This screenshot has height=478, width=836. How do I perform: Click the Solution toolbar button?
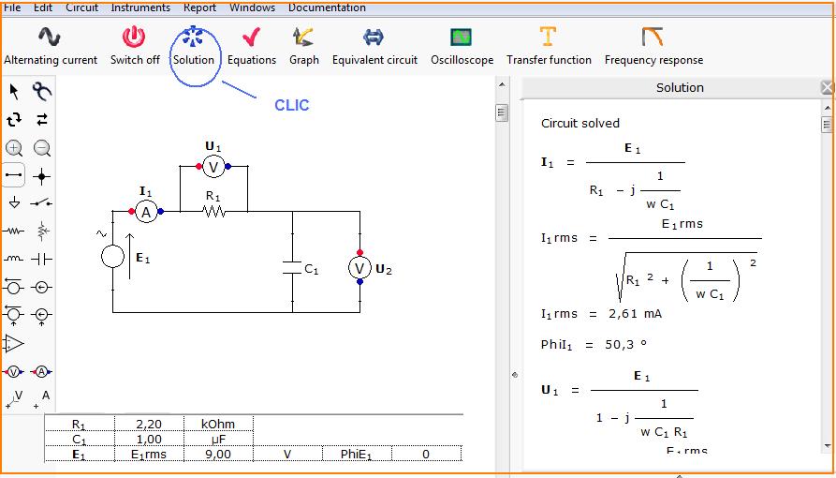click(193, 47)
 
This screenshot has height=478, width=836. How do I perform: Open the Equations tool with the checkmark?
click(252, 47)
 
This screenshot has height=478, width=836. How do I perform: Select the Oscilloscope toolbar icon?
click(462, 47)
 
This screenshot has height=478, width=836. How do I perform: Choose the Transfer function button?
click(549, 47)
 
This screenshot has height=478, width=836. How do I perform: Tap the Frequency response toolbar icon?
click(653, 47)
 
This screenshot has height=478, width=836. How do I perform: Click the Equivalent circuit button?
click(374, 47)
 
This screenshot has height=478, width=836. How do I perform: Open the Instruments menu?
click(140, 7)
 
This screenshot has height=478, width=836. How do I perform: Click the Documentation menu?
click(327, 7)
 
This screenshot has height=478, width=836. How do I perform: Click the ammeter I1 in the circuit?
click(145, 212)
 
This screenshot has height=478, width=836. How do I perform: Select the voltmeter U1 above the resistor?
click(213, 167)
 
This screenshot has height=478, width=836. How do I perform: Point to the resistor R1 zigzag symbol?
click(213, 212)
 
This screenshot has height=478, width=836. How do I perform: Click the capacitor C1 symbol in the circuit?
click(292, 267)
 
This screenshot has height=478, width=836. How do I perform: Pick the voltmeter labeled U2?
click(359, 267)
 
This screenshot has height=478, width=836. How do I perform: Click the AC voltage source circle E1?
click(112, 257)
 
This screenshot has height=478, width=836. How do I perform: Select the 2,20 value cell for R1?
click(149, 424)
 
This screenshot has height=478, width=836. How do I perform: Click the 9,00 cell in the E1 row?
click(218, 455)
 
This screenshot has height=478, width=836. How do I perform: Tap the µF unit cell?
click(218, 439)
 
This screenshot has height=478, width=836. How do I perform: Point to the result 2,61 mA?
click(635, 313)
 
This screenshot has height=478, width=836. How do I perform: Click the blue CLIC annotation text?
click(292, 105)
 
